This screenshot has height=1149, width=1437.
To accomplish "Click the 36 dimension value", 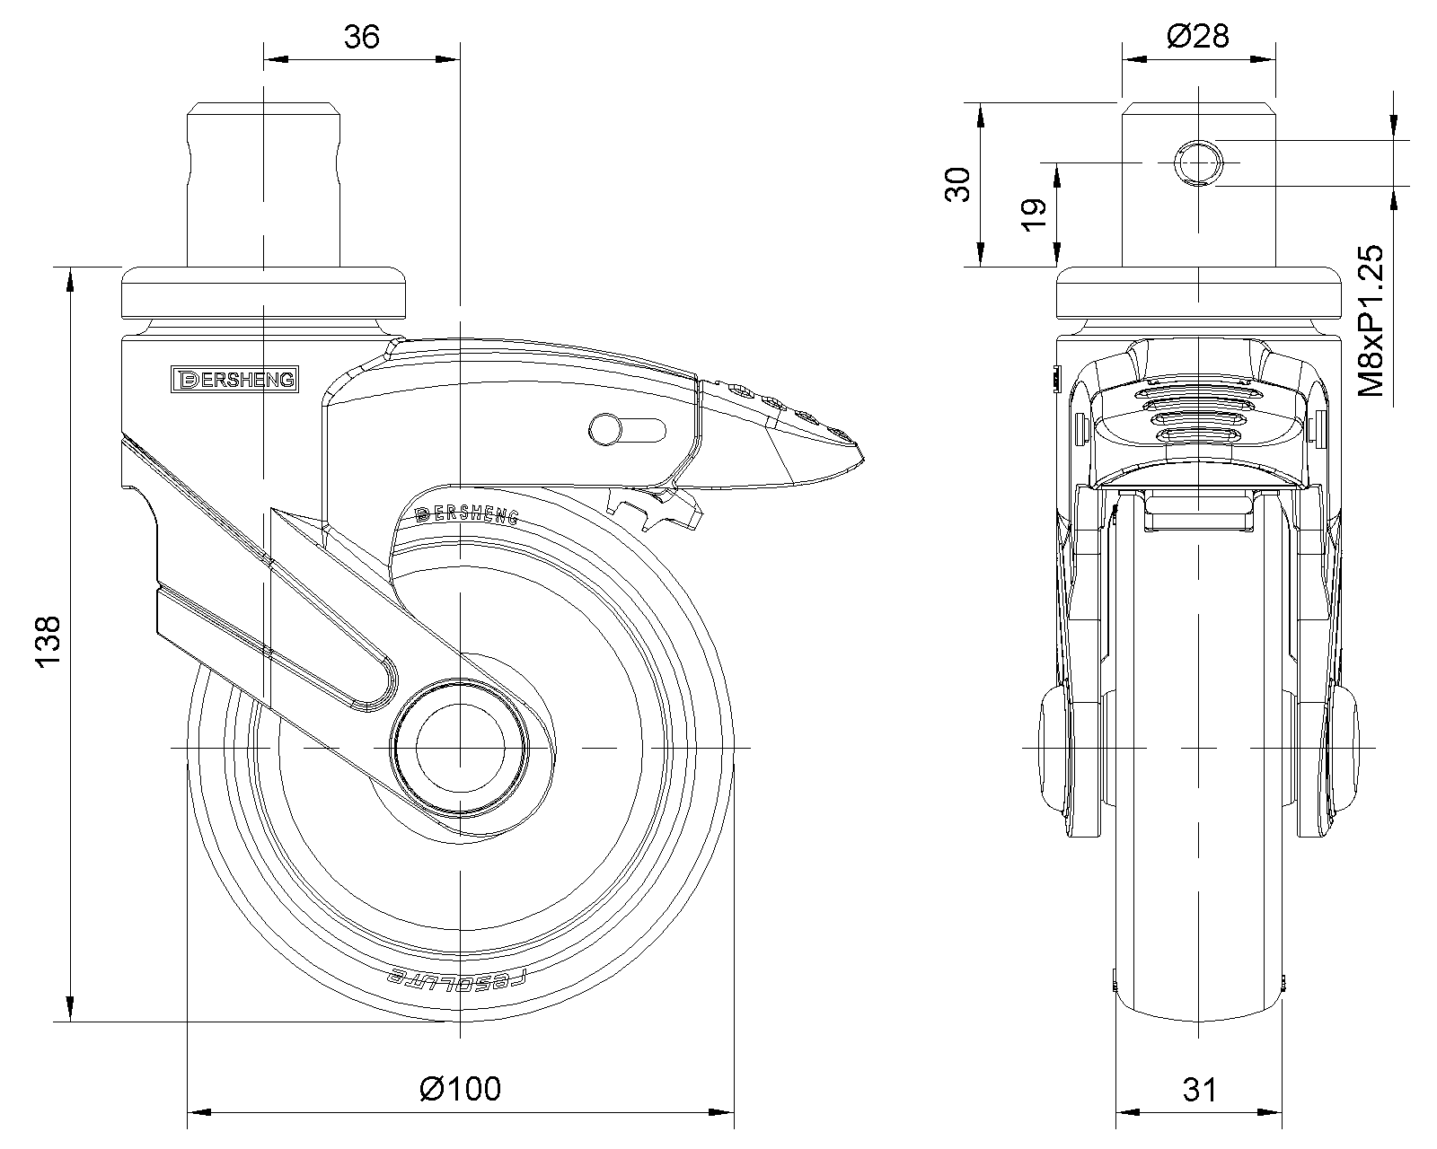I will click(x=362, y=37).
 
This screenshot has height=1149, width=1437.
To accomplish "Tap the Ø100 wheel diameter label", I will click(x=460, y=1088).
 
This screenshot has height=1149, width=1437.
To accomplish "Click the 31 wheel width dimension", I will click(x=1199, y=1090).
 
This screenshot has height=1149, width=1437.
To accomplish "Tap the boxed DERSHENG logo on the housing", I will click(x=234, y=380).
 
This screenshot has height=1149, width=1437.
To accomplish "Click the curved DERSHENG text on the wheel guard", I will click(x=467, y=513).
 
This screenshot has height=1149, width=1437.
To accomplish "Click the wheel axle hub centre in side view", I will click(x=459, y=747).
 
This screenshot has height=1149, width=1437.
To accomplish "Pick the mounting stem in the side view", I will click(x=264, y=184).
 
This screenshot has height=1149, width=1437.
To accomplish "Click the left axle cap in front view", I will click(x=1054, y=747).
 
